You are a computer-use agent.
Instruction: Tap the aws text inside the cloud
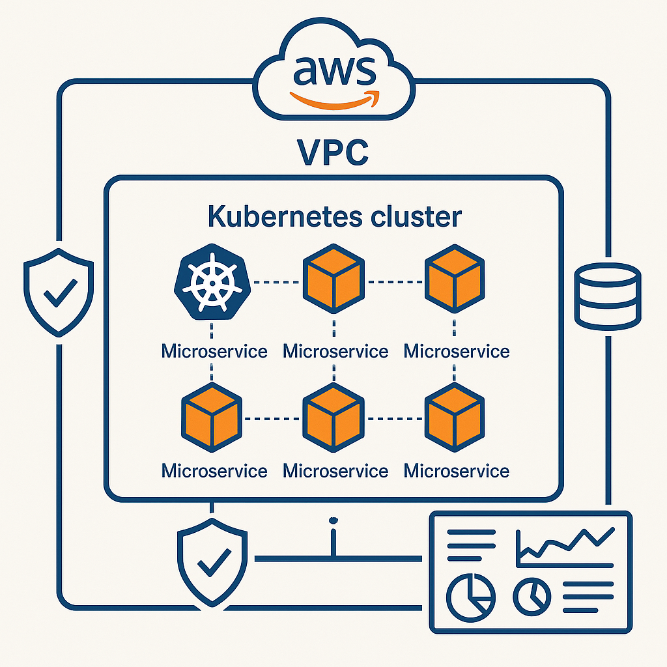pos(334,70)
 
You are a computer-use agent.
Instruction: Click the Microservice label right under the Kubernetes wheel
pos(214,352)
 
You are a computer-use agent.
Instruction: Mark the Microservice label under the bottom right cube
pos(457,470)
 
